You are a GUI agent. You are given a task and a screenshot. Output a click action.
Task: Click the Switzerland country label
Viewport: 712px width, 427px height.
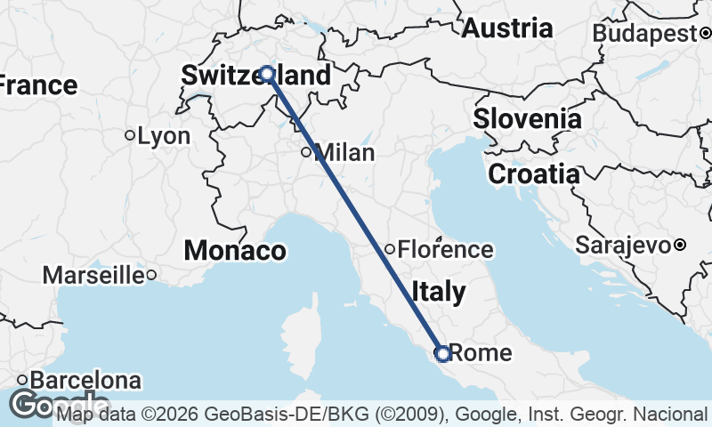coord(255,76)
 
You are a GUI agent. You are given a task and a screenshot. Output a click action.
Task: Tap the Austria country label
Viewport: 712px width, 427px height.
coord(506,28)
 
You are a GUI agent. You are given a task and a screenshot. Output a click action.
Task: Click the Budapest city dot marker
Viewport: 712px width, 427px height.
coord(704,34)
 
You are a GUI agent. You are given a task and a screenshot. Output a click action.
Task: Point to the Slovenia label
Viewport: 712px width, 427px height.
coord(527,118)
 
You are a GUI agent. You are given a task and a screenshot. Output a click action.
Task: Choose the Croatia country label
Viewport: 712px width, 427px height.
coord(533,174)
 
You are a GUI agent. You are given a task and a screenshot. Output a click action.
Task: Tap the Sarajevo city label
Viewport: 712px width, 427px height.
coord(624,244)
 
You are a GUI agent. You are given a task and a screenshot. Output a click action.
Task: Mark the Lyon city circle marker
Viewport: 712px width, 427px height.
coord(130,135)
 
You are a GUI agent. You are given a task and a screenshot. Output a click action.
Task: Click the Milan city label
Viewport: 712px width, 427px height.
coord(344,153)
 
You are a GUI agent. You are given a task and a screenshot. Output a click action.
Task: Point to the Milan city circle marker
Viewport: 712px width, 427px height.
coord(306,152)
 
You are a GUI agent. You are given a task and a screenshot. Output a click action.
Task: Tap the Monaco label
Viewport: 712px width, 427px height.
coord(235,251)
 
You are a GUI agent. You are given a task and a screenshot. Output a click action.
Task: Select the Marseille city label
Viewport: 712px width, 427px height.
coord(93,275)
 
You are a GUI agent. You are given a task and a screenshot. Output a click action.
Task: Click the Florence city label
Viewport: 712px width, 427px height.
coord(445,250)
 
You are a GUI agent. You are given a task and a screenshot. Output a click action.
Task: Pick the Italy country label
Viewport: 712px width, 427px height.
coord(438,292)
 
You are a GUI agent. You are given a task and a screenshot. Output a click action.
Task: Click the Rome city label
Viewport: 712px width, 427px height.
coord(481,353)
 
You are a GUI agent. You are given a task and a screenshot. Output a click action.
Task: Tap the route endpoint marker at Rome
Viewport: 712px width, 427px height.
coord(441,354)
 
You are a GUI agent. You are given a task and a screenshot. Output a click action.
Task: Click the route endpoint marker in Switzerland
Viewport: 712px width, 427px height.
coord(266,74)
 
